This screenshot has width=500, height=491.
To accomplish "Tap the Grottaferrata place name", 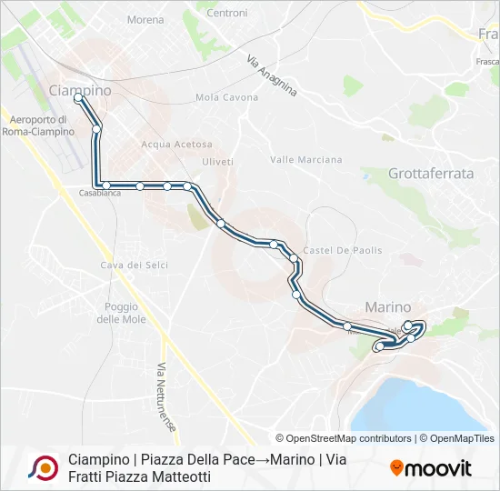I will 431,173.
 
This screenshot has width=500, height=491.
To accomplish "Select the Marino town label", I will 388,307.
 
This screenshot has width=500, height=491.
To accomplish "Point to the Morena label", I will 146,19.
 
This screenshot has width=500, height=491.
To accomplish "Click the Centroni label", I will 226,13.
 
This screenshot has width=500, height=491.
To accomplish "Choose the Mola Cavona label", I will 227,97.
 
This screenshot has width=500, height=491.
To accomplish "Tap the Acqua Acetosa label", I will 176,145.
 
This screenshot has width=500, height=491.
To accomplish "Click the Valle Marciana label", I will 306,160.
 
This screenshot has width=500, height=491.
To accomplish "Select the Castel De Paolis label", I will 343,250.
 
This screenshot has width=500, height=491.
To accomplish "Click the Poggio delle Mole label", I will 121,313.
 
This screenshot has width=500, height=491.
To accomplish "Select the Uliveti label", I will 217,161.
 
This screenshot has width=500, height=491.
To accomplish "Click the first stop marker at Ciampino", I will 79,97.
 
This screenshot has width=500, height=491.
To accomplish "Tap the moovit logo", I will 431,468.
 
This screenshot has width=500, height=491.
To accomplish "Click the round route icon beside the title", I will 42,467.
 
